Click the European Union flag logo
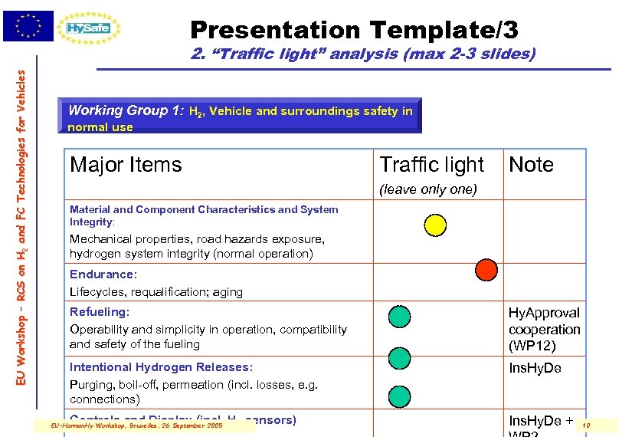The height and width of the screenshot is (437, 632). click(28, 26)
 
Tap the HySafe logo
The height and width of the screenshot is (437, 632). click(92, 28)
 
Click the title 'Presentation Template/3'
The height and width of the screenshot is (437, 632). click(354, 30)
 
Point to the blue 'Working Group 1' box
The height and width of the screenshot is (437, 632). click(240, 117)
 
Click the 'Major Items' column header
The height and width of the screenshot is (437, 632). click(126, 165)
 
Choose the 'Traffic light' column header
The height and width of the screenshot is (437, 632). click(432, 165)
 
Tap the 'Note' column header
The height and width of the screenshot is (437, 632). click(531, 165)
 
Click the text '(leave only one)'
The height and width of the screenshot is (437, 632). click(429, 189)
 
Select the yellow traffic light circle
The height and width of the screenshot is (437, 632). click(434, 225)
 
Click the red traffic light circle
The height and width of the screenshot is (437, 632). click(486, 269)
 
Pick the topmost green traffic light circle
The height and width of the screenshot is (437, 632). click(399, 317)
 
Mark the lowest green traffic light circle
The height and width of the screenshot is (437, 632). click(399, 396)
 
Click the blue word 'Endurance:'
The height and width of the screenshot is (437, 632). click(103, 274)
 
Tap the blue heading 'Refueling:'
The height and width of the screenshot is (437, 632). click(100, 312)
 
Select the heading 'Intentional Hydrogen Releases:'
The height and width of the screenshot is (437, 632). click(161, 367)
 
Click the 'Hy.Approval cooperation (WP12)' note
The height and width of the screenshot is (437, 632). click(545, 329)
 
